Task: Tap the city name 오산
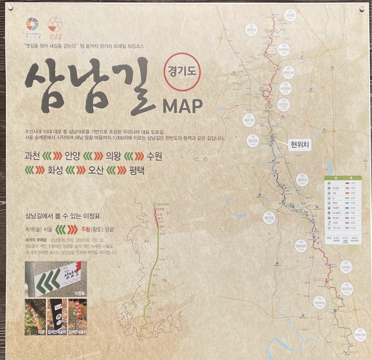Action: coord(100,171)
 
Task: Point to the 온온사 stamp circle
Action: coord(251,30)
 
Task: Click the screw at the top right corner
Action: coord(362,8)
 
